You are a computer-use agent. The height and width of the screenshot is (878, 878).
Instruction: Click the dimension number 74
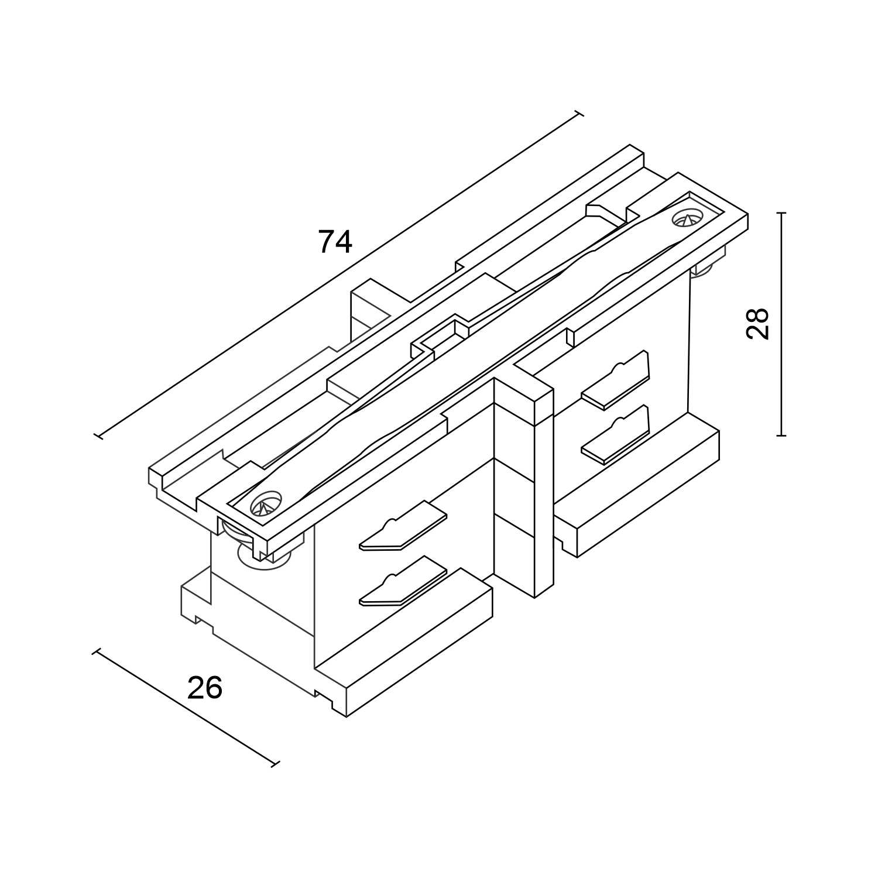(335, 242)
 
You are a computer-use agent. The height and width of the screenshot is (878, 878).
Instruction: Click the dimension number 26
(205, 688)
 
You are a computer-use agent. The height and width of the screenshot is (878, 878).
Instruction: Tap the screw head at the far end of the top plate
(688, 219)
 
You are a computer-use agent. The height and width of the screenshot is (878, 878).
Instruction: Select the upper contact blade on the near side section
(403, 526)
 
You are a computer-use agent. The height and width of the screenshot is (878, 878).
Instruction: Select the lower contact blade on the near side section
(403, 581)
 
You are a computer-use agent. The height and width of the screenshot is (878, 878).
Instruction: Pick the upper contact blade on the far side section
(616, 380)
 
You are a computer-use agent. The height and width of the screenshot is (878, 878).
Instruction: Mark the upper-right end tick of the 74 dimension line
(579, 113)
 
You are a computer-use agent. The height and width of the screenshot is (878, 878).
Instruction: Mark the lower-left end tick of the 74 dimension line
(98, 435)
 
